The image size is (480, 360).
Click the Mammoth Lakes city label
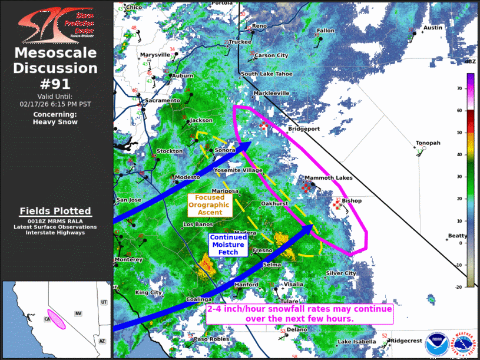click(x=328, y=177)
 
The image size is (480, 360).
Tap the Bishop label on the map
click(x=352, y=201)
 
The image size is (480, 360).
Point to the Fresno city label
click(x=262, y=250)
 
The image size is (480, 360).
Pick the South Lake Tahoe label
click(x=266, y=74)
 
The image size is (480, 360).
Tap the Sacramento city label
click(x=162, y=101)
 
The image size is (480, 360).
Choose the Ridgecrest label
click(x=407, y=341)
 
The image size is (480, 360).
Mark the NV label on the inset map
click(x=77, y=313)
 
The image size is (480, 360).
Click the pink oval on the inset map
click(x=57, y=319)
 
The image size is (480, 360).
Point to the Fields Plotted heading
click(x=55, y=211)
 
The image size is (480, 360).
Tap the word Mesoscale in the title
click(x=55, y=54)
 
